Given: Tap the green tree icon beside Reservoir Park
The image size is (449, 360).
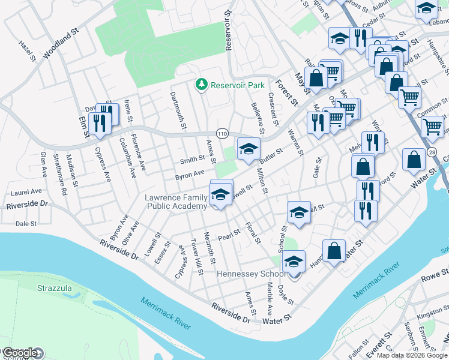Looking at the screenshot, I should pyautogui.click(x=202, y=85).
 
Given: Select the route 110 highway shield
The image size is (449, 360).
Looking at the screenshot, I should pyautogui.click(x=223, y=133).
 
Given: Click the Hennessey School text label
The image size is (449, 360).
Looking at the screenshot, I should pyautogui.click(x=251, y=274).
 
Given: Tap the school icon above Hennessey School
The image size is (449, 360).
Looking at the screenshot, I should pyautogui.click(x=294, y=262).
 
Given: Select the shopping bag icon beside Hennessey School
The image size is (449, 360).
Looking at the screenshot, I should pyautogui.click(x=334, y=251).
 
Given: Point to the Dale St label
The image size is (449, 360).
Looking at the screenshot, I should pyautogui.click(x=26, y=223).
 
